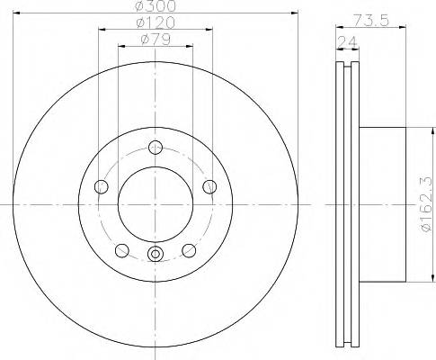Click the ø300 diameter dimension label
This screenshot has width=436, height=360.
(x=156, y=6)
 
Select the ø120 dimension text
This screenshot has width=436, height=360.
(x=156, y=22)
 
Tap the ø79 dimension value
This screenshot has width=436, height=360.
(x=156, y=40)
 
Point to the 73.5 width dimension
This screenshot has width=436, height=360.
(x=370, y=21)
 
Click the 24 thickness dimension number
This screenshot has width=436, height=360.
(x=347, y=42)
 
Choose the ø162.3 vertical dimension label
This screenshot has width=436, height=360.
(x=427, y=204)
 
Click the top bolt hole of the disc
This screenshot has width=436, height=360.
(x=156, y=148)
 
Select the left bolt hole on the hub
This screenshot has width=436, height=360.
(x=101, y=187)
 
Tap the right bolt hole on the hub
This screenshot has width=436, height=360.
(x=209, y=187)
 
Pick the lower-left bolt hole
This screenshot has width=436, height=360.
(x=122, y=250)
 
